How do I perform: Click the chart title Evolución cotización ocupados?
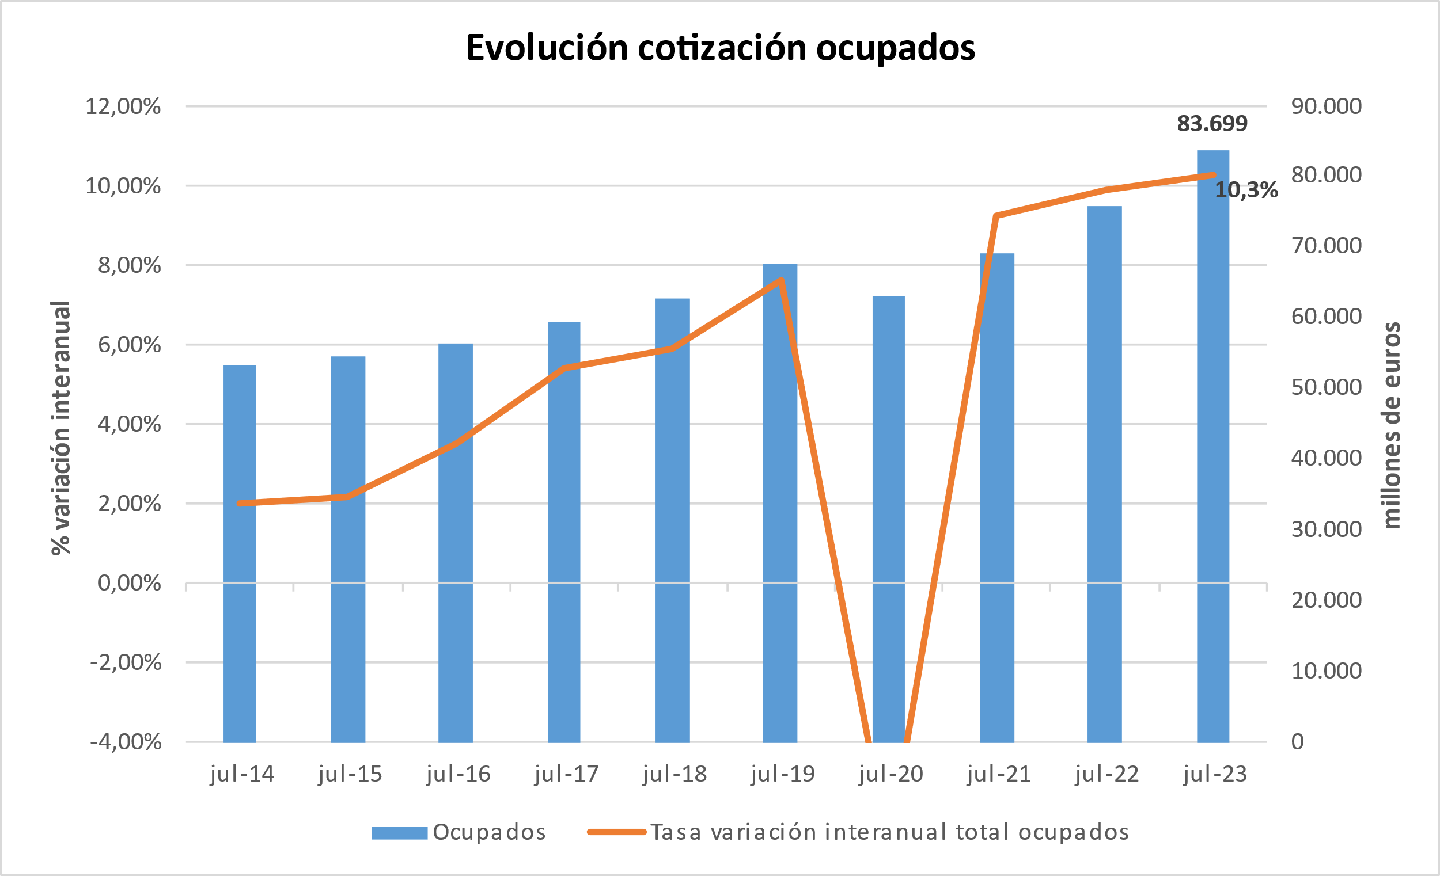point(720,48)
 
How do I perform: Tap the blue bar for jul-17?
point(564,531)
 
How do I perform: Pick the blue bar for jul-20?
point(888,520)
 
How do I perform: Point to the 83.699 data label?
point(1212,124)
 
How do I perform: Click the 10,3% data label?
point(1246,191)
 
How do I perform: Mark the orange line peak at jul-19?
point(781,281)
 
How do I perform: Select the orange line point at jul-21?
point(997,216)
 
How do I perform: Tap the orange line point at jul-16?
point(456,444)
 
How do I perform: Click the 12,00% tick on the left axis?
point(123,107)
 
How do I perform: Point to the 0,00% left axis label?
point(129,584)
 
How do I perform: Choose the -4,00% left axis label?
point(126,742)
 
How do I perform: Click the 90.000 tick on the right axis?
point(1326,106)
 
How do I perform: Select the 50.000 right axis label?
point(1326,387)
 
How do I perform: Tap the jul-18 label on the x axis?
point(674,774)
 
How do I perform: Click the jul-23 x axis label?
point(1215,774)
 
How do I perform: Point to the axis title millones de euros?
point(1392,425)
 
